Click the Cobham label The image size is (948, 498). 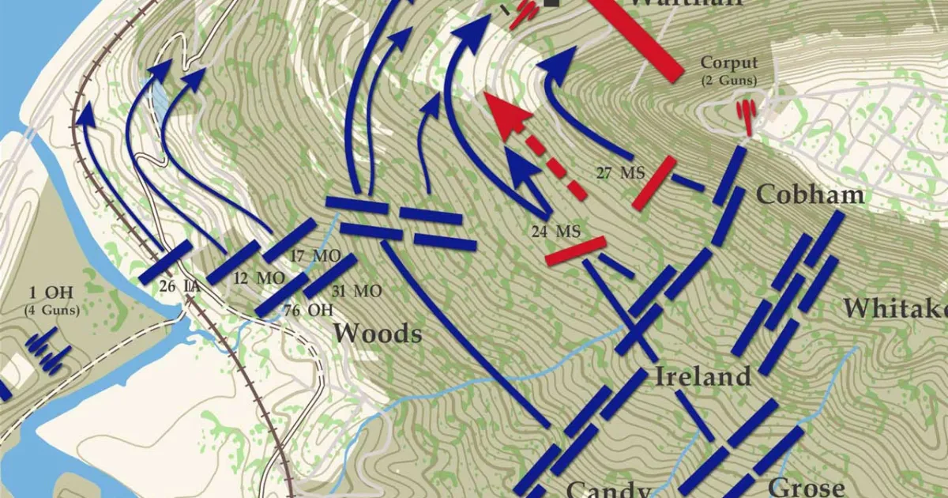click(x=810, y=194)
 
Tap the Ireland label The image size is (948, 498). click(x=702, y=376)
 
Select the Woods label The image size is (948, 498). click(x=377, y=334)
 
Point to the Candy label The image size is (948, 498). click(x=608, y=489)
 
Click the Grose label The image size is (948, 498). click(x=807, y=488)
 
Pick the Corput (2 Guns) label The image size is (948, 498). click(x=728, y=70)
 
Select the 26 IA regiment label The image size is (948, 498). click(x=179, y=286)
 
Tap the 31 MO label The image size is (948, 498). click(x=357, y=291)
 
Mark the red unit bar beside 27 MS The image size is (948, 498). click(x=654, y=183)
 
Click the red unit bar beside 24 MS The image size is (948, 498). click(x=576, y=250)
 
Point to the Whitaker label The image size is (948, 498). click(x=894, y=308)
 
